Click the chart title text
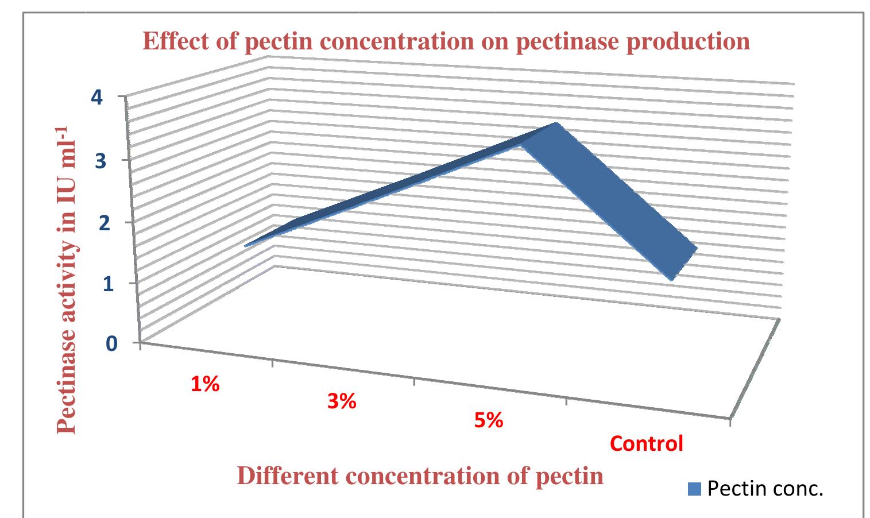point(446,41)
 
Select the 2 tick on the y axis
point(103,222)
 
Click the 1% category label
point(206,384)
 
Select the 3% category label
point(342,402)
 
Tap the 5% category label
point(489,422)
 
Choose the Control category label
point(647,443)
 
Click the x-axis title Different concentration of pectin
point(420,477)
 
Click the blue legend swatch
point(694,489)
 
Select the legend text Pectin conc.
point(766,488)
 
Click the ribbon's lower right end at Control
point(683,264)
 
